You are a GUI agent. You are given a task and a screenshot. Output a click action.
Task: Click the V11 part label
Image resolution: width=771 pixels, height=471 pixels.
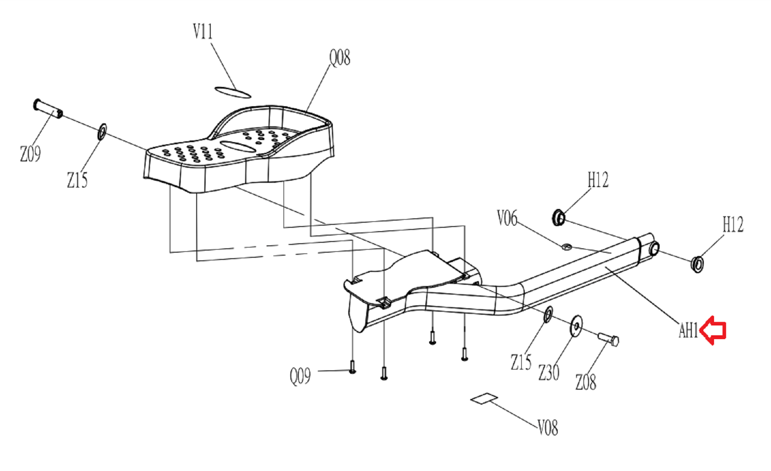coord(203,31)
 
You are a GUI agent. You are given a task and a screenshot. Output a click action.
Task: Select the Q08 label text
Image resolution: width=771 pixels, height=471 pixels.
coord(340,57)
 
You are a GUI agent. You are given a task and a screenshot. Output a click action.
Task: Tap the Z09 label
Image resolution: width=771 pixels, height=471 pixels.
coord(30,154)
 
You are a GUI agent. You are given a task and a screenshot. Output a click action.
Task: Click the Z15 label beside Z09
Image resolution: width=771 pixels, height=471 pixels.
coord(77,180)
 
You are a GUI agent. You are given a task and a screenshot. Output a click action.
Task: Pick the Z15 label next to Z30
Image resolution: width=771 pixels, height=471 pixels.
coord(521,362)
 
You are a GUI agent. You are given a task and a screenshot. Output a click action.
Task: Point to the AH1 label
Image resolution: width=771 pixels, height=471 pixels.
coord(688,331)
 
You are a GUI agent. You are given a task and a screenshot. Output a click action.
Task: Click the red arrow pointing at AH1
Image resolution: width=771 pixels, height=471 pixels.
coord(712,330)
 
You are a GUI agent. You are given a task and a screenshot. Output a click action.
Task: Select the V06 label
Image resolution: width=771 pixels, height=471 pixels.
coord(507,218)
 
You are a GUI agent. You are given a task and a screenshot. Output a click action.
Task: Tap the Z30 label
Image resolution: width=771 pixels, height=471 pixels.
coord(549,373)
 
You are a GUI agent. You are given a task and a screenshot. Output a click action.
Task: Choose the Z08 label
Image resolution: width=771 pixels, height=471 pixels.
coord(586,382)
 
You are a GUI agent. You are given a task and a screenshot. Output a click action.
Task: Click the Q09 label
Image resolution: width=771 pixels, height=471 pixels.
coord(300,376)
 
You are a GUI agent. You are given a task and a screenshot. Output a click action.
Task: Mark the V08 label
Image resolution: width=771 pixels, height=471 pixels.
coord(547,427)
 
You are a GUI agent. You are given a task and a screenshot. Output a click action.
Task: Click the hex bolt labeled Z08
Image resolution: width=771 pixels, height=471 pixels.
coord(608,339)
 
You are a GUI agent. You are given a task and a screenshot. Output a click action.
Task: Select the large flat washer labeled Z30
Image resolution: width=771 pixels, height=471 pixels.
coord(576,326)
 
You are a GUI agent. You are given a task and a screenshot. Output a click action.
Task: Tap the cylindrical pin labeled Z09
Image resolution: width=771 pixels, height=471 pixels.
coord(48,108)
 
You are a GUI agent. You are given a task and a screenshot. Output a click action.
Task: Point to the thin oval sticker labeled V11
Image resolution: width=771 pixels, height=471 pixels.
coord(233,92)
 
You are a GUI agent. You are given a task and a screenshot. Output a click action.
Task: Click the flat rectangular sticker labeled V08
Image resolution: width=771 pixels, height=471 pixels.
coord(484,399)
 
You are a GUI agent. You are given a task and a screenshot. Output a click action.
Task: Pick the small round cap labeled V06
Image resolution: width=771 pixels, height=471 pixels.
coord(566,246)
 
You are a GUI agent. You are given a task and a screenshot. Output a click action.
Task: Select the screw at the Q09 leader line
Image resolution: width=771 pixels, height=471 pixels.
coord(352,367)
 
